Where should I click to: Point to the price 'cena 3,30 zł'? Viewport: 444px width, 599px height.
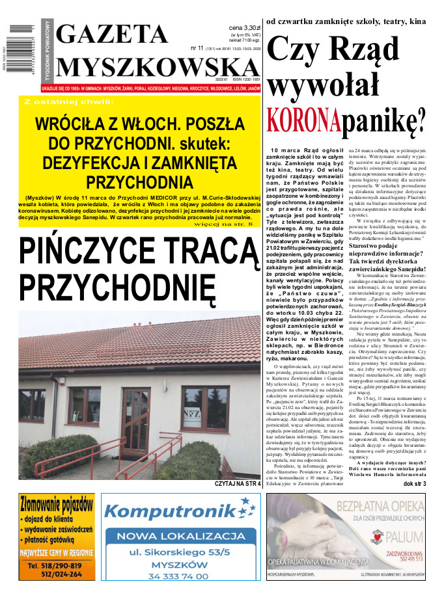(244, 28)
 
